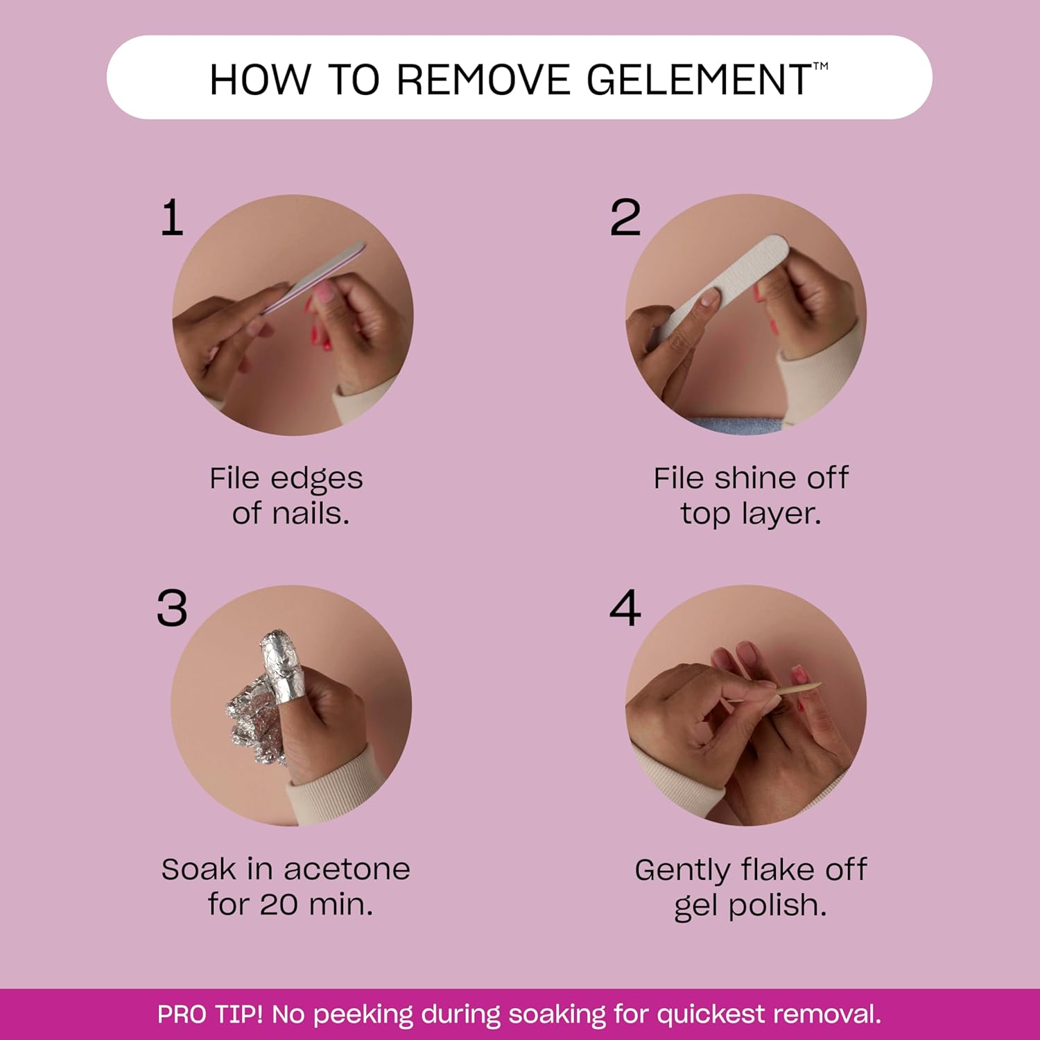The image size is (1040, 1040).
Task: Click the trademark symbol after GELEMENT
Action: (820, 67)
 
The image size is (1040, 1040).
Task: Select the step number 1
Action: (172, 218)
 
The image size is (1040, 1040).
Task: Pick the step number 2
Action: (625, 218)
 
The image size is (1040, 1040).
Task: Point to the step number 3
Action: (172, 609)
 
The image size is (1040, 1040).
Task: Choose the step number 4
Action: (625, 609)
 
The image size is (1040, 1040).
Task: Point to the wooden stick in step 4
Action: (797, 690)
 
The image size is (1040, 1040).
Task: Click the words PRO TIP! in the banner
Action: (209, 1014)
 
